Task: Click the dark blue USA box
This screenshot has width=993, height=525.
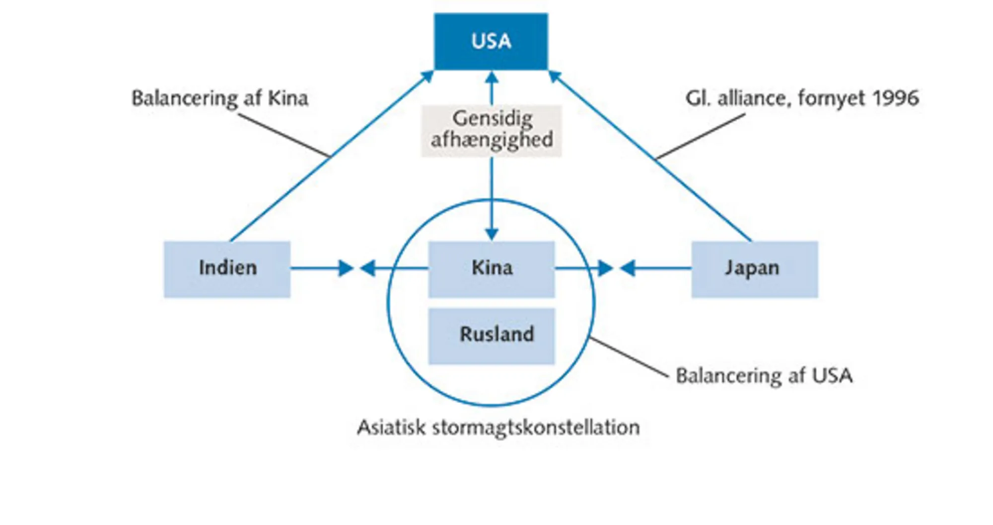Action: pyautogui.click(x=491, y=41)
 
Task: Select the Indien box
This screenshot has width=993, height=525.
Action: pyautogui.click(x=227, y=269)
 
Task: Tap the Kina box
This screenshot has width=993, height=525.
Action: pyautogui.click(x=491, y=269)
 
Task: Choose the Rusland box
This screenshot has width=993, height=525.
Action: pyautogui.click(x=491, y=336)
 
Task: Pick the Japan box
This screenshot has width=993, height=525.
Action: pyautogui.click(x=754, y=269)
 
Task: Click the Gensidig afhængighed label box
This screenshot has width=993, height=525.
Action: pyautogui.click(x=491, y=131)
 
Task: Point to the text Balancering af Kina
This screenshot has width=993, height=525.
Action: pyautogui.click(x=219, y=98)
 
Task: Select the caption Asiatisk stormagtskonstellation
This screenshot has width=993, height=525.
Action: pyautogui.click(x=498, y=427)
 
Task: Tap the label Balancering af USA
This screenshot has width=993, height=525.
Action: pyautogui.click(x=764, y=376)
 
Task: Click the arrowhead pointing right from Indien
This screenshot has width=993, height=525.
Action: pyautogui.click(x=346, y=268)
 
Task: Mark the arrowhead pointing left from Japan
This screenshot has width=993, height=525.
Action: pyautogui.click(x=628, y=268)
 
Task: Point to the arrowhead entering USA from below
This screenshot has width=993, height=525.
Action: pyautogui.click(x=491, y=78)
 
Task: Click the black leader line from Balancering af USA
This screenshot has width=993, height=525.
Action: pyautogui.click(x=629, y=358)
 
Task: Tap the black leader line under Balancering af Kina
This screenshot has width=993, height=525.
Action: pyautogui.click(x=283, y=135)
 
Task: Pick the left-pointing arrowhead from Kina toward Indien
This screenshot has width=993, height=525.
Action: pyautogui.click(x=367, y=268)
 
